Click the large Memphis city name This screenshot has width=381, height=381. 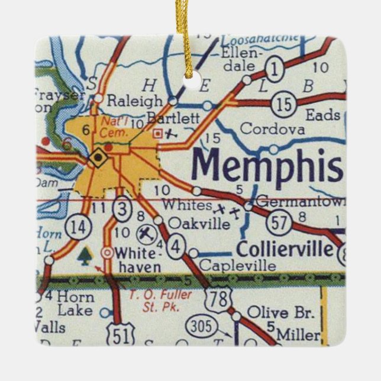[x=267, y=165]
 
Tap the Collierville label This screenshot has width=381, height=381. [x=285, y=248]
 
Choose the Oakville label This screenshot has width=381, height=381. [x=198, y=223]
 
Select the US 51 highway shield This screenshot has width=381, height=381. [x=121, y=335]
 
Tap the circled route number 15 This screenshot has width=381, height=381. [x=284, y=105]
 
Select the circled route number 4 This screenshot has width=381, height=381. [x=175, y=247]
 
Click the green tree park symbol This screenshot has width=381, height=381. [x=85, y=255]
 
